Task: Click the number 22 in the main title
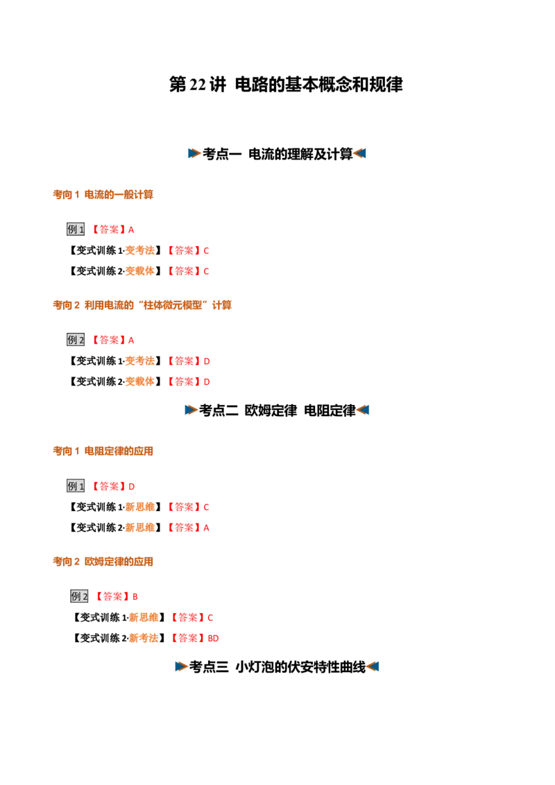pyautogui.click(x=198, y=85)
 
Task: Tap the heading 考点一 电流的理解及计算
pyautogui.click(x=277, y=154)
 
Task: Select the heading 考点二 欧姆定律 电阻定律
pyautogui.click(x=277, y=411)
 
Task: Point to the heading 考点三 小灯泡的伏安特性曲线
pyautogui.click(x=277, y=667)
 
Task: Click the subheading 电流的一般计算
pyautogui.click(x=119, y=194)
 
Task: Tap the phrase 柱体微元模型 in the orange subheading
pyautogui.click(x=173, y=305)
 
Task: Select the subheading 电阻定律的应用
pyautogui.click(x=119, y=451)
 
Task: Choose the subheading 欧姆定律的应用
pyautogui.click(x=119, y=562)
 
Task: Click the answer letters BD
pyautogui.click(x=214, y=638)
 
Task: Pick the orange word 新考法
pyautogui.click(x=144, y=638)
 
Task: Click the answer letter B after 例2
pyautogui.click(x=135, y=597)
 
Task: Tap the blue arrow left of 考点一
pyautogui.click(x=194, y=153)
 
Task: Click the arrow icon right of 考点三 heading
pyautogui.click(x=373, y=666)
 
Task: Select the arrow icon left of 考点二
pyautogui.click(x=191, y=410)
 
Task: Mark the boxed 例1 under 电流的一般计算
pyautogui.click(x=76, y=230)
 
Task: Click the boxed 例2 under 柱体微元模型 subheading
pyautogui.click(x=76, y=340)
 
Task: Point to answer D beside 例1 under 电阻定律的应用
pyautogui.click(x=132, y=487)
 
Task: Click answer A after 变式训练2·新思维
pyautogui.click(x=206, y=528)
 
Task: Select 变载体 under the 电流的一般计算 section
pyautogui.click(x=139, y=271)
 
